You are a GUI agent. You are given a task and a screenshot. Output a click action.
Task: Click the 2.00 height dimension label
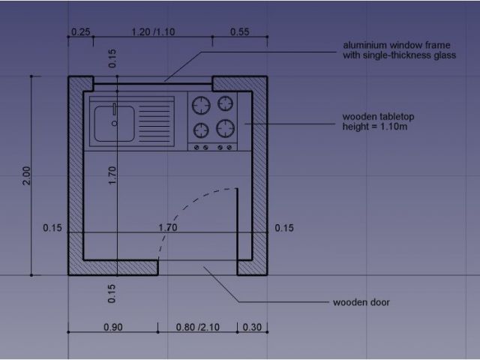click(x=27, y=175)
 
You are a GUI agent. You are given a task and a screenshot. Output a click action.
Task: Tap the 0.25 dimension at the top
click(x=80, y=31)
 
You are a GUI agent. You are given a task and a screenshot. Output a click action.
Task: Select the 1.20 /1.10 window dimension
click(x=153, y=31)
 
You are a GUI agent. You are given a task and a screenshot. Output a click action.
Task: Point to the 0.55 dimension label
click(x=240, y=31)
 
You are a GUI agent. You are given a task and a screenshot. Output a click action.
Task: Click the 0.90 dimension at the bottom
click(x=113, y=327)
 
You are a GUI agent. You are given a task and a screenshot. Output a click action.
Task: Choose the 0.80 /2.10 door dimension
click(x=198, y=327)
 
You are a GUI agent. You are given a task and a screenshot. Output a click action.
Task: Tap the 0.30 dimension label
click(x=252, y=327)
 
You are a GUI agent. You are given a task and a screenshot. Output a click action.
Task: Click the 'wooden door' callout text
click(x=361, y=302)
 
